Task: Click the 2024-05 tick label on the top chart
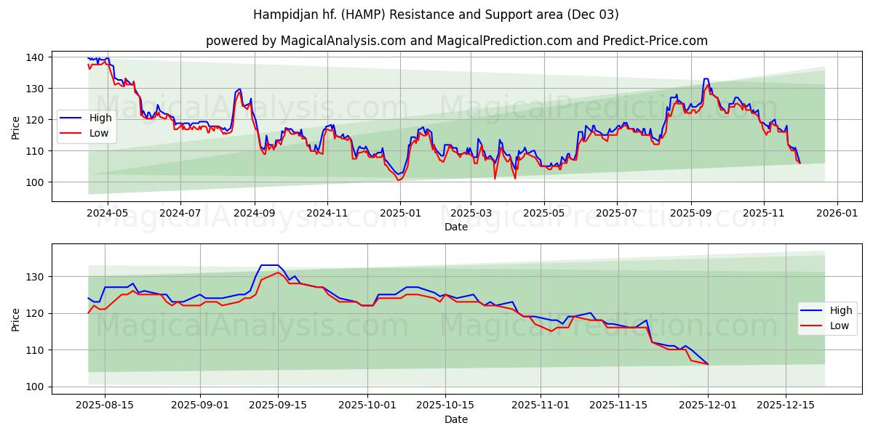(x=108, y=214)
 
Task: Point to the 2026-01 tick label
(x=837, y=214)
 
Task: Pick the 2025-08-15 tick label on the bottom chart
(x=105, y=405)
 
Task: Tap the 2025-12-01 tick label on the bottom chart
(x=708, y=405)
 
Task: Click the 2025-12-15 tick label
(x=786, y=405)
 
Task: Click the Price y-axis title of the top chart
(x=16, y=128)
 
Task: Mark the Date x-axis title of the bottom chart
(x=456, y=419)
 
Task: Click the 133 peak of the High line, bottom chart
(x=269, y=265)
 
